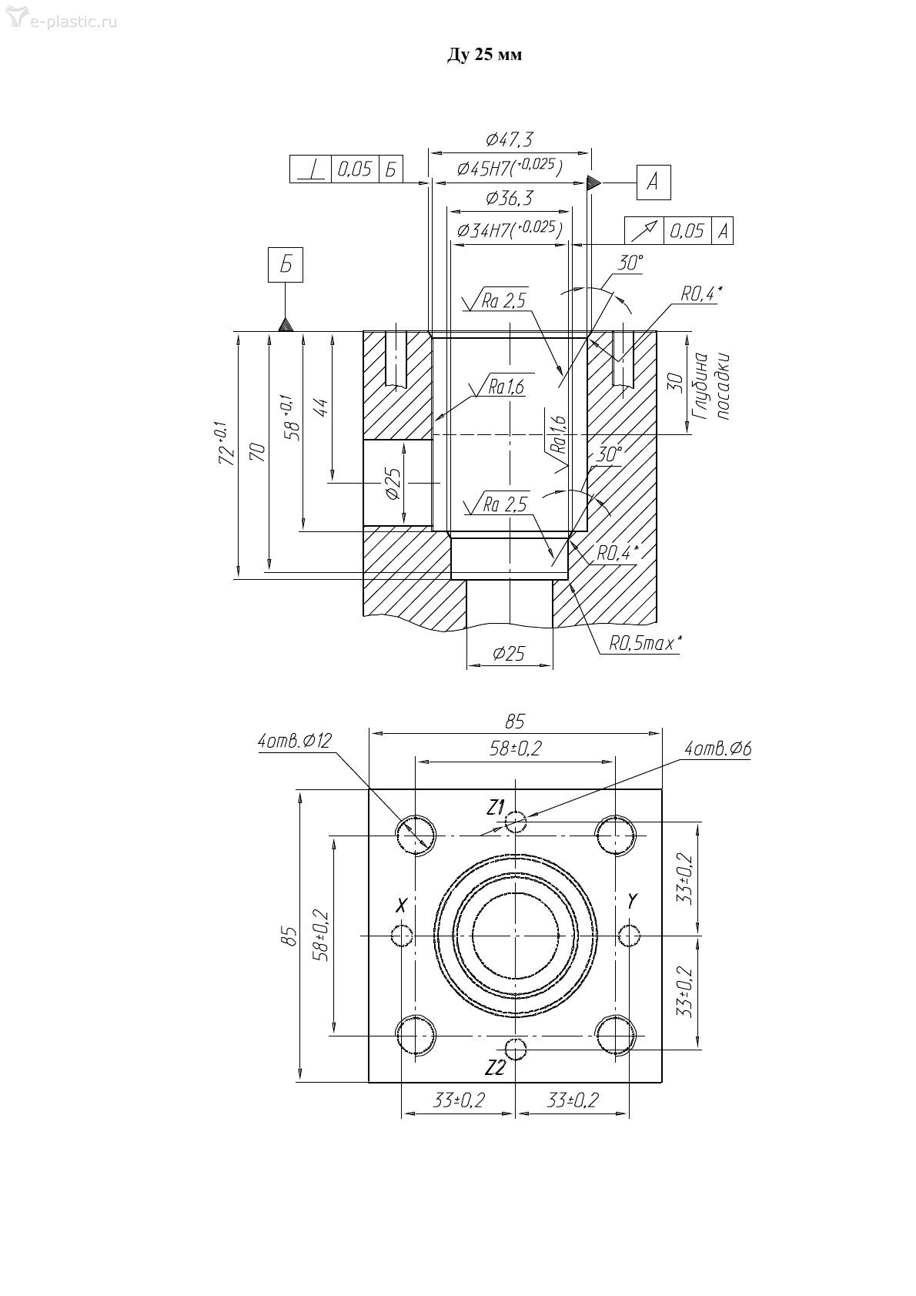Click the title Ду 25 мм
(x=484, y=55)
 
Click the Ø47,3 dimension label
(x=510, y=139)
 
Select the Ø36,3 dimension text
(x=510, y=199)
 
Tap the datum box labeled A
(x=653, y=183)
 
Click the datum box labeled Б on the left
(x=286, y=266)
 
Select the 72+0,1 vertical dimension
(x=226, y=443)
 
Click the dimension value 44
(x=322, y=407)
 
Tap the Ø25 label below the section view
(x=509, y=654)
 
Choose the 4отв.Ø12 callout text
(x=295, y=742)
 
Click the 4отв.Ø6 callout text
(x=717, y=748)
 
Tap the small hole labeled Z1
(x=515, y=822)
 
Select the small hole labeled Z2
(x=514, y=1047)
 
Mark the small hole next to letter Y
(x=629, y=934)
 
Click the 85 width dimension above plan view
(x=514, y=722)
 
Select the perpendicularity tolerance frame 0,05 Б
(x=346, y=169)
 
